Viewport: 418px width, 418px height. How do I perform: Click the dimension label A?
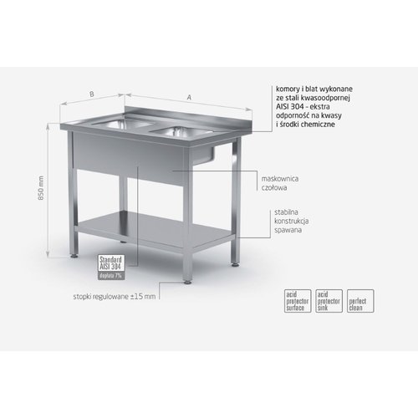point(188,98)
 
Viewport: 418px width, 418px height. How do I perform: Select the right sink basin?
point(175,130)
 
